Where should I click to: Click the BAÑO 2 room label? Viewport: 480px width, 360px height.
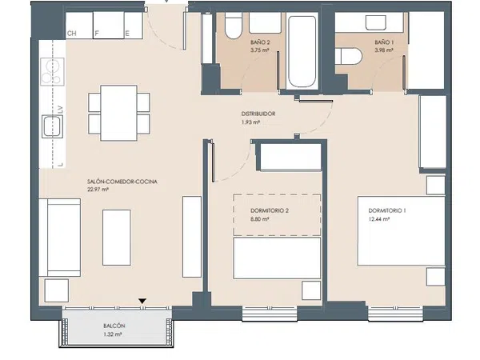[x=260, y=42]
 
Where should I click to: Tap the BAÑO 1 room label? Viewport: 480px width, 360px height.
[x=384, y=42]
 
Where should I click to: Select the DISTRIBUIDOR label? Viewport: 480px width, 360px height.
[x=258, y=114]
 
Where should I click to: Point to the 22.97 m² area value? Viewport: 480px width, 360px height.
[x=98, y=190]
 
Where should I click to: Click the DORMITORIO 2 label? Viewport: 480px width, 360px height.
[x=270, y=210]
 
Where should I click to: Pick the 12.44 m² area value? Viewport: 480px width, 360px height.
[x=379, y=219]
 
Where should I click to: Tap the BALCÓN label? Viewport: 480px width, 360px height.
[x=114, y=326]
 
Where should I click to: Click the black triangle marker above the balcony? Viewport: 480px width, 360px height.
[x=142, y=302]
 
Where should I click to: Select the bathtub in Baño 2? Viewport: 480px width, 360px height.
[x=302, y=51]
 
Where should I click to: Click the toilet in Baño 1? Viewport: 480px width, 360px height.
[x=349, y=56]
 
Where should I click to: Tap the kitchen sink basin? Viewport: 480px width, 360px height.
[x=52, y=126]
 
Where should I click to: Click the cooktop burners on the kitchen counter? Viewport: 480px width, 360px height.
[x=52, y=72]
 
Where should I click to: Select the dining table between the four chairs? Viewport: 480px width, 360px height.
[x=118, y=113]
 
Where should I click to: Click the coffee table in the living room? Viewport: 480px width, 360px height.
[x=117, y=238]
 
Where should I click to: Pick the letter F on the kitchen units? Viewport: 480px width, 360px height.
[x=97, y=34]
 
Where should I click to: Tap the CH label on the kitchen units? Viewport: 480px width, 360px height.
[x=72, y=34]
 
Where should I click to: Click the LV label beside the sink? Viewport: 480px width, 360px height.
[x=60, y=110]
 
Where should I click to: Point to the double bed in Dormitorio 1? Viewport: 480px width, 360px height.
[x=402, y=231]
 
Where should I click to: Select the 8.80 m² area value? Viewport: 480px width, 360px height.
[x=259, y=219]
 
